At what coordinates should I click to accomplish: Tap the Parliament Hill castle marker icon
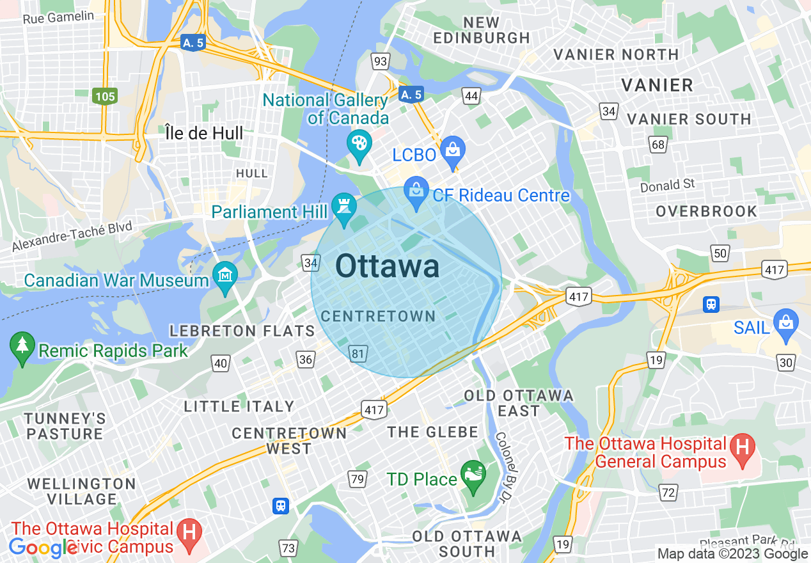[x=344, y=207]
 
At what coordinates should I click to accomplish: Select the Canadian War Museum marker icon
[x=224, y=276]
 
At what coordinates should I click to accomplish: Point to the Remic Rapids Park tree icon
[x=23, y=346]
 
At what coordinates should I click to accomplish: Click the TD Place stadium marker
[x=473, y=475]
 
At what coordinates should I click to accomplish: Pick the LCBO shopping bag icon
[x=452, y=150]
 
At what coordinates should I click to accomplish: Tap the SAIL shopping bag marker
[x=785, y=322]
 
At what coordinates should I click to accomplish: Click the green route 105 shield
[x=105, y=97]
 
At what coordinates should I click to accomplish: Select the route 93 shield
[x=381, y=61]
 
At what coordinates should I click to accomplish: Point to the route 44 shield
[x=471, y=96]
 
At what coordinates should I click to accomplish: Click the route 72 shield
[x=668, y=492]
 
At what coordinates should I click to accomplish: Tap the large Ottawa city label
[x=387, y=266]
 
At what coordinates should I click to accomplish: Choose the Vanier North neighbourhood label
[x=616, y=54]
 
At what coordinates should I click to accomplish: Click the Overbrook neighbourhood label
[x=706, y=211]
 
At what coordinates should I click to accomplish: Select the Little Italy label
[x=239, y=406]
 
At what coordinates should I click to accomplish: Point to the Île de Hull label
[x=204, y=133]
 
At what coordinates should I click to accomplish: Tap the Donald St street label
[x=668, y=186]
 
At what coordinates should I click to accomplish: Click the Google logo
[x=43, y=548]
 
